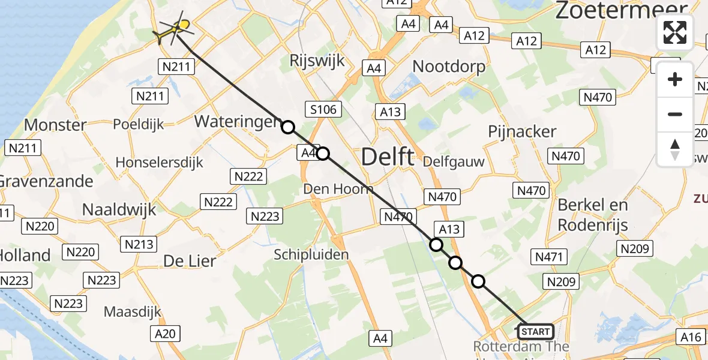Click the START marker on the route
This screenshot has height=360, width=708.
535,332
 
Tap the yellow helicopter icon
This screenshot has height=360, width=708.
174,30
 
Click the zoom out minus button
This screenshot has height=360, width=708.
675,114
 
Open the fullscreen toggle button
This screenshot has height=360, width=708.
675,32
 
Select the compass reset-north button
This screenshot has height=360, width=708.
675,149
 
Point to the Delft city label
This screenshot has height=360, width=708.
388,157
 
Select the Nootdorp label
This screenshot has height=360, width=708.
449,66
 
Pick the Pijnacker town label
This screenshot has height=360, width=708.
522,131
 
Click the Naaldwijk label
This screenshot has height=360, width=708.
119,209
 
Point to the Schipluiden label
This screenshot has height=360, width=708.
311,255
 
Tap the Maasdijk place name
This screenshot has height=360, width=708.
134,312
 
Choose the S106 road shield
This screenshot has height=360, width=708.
323,109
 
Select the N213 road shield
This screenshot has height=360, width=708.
139,244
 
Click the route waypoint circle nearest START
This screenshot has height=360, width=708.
478,281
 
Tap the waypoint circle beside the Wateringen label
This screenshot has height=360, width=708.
289,127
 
